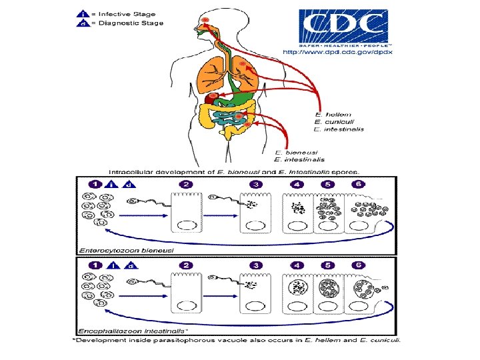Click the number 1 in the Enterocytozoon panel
[94, 184]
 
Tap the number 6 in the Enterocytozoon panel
[359, 184]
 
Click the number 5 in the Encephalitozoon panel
[327, 265]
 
